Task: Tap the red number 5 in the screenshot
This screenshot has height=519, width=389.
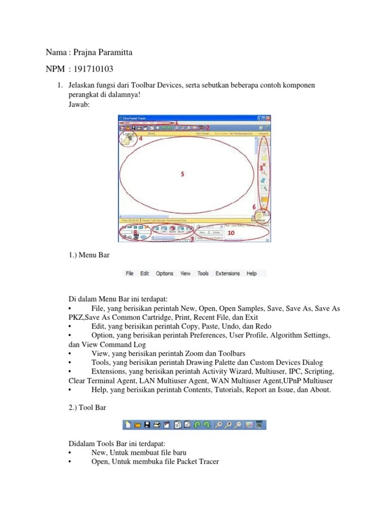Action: point(183,173)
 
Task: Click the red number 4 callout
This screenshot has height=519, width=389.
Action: point(140,138)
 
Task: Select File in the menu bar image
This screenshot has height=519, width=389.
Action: point(130,273)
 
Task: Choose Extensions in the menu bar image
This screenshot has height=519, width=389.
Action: point(227,273)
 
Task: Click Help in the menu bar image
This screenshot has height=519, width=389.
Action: point(252,273)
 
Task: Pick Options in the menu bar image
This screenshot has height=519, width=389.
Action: point(165,273)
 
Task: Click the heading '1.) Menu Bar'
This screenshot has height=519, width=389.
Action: point(89,255)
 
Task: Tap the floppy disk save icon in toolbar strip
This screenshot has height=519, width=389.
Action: point(147,425)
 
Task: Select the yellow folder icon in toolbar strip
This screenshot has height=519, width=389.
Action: point(137,425)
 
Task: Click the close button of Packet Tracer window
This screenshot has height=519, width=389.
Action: point(268,118)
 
